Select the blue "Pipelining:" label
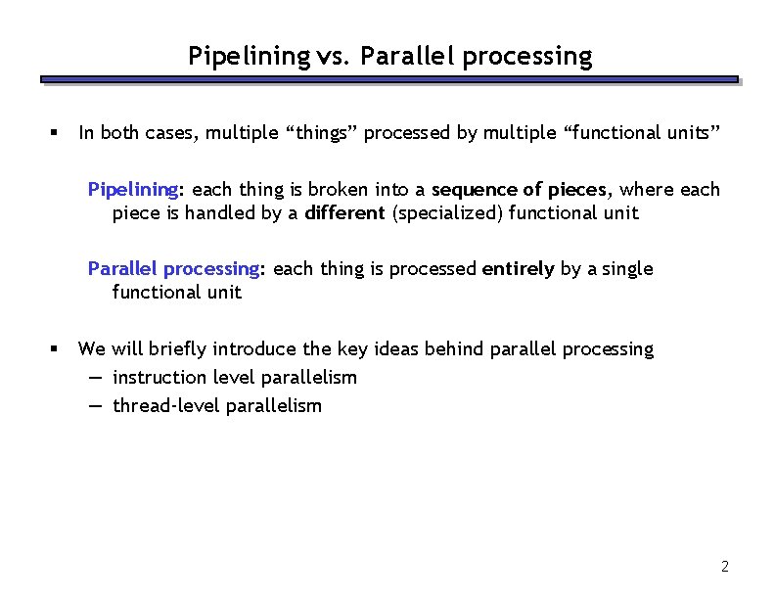(134, 189)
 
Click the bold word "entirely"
(519, 268)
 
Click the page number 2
(724, 566)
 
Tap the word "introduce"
(256, 348)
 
